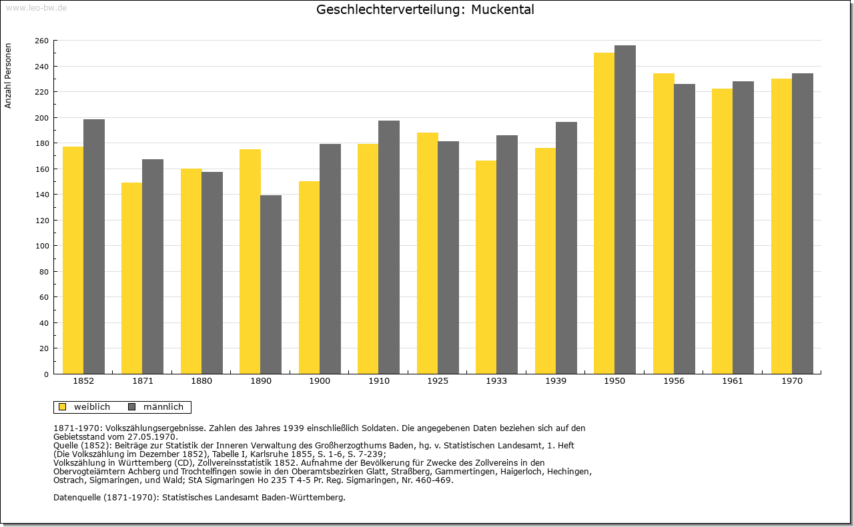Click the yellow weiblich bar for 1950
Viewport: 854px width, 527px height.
click(604, 213)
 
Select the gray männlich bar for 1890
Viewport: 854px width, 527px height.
click(271, 284)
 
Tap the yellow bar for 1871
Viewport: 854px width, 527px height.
click(132, 278)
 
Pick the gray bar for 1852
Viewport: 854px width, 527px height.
click(94, 247)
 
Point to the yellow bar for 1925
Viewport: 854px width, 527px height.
click(428, 253)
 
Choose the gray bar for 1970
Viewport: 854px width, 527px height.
click(803, 223)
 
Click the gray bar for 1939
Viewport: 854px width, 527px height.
click(566, 248)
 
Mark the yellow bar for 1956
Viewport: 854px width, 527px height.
click(664, 223)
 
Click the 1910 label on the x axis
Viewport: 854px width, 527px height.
click(379, 381)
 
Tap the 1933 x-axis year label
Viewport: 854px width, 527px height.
click(496, 381)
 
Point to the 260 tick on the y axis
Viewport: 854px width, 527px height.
click(42, 41)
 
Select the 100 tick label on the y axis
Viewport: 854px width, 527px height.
click(42, 246)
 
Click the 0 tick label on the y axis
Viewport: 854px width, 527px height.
click(46, 374)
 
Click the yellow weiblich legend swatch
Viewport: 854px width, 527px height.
click(63, 407)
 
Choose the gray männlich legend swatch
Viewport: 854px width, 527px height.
click(132, 407)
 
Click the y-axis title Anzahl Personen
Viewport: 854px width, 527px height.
click(8, 76)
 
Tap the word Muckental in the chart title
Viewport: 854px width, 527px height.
click(502, 9)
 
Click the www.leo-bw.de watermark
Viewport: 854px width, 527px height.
click(37, 8)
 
